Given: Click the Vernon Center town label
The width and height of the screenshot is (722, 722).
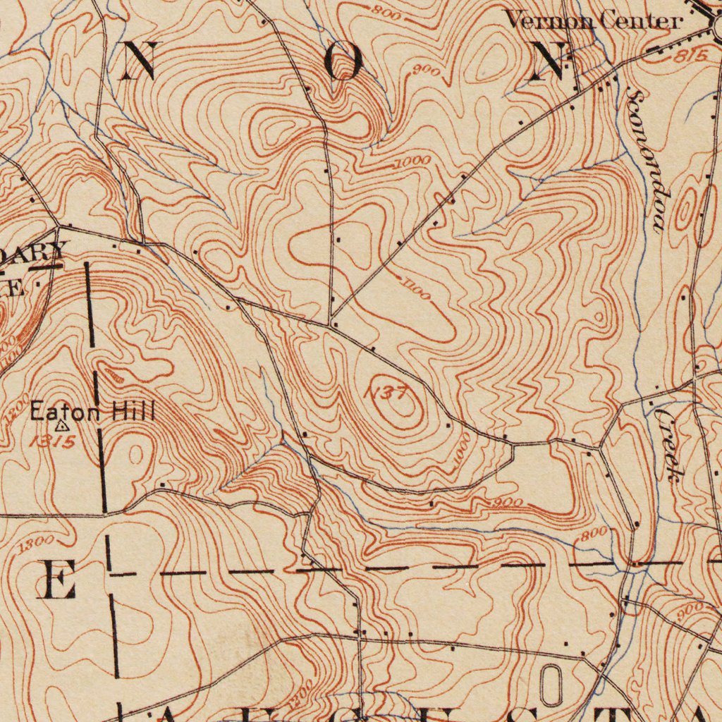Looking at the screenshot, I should [594, 20].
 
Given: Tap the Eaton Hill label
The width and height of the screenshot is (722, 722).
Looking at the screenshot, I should [92, 411].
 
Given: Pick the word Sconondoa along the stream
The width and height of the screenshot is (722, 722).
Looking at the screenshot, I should [647, 161].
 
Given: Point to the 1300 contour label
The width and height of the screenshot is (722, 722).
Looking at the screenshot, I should [36, 544].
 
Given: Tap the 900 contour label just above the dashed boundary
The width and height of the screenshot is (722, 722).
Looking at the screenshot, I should [508, 503].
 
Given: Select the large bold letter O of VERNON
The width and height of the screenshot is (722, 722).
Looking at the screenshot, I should [344, 62].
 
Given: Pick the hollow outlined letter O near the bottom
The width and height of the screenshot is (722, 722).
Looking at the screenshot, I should [551, 685].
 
